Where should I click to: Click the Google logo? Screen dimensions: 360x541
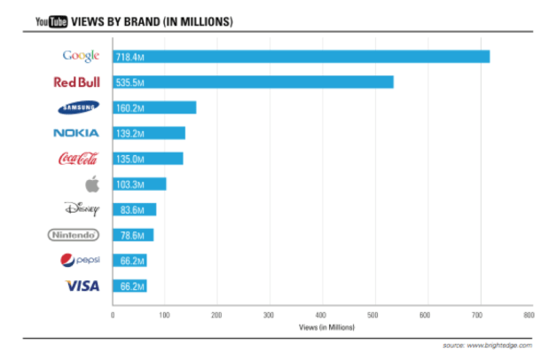click(x=81, y=57)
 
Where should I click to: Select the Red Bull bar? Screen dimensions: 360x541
click(x=253, y=82)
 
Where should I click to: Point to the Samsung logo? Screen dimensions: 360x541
click(x=78, y=108)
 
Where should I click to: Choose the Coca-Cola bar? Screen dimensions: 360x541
click(x=148, y=159)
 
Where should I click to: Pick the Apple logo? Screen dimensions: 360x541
click(x=90, y=184)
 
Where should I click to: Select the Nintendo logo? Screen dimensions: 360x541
click(x=74, y=235)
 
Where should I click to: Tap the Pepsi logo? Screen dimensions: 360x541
click(x=81, y=261)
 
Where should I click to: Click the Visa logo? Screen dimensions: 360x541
click(x=82, y=286)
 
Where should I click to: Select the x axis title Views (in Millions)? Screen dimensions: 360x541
click(x=320, y=328)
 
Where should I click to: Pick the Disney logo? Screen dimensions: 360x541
click(x=80, y=209)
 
